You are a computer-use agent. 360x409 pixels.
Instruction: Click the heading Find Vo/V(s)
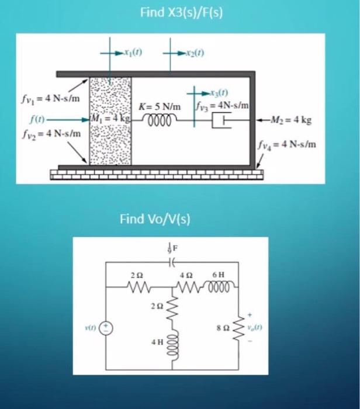[x=155, y=219]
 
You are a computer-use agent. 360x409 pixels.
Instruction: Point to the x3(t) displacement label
[x=218, y=92]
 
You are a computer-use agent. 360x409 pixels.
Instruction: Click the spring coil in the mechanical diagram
[x=160, y=120]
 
